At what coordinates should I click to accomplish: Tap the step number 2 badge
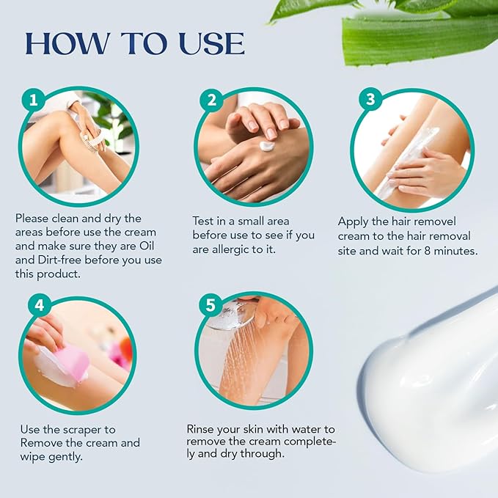point(211,100)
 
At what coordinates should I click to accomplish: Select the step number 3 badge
point(370,100)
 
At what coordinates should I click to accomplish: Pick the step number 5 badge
point(211,305)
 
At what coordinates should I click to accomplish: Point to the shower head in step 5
point(233,315)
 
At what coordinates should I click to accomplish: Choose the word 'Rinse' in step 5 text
point(202,428)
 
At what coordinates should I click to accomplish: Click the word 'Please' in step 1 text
point(32,219)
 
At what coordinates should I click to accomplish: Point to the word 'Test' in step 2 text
point(205,221)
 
